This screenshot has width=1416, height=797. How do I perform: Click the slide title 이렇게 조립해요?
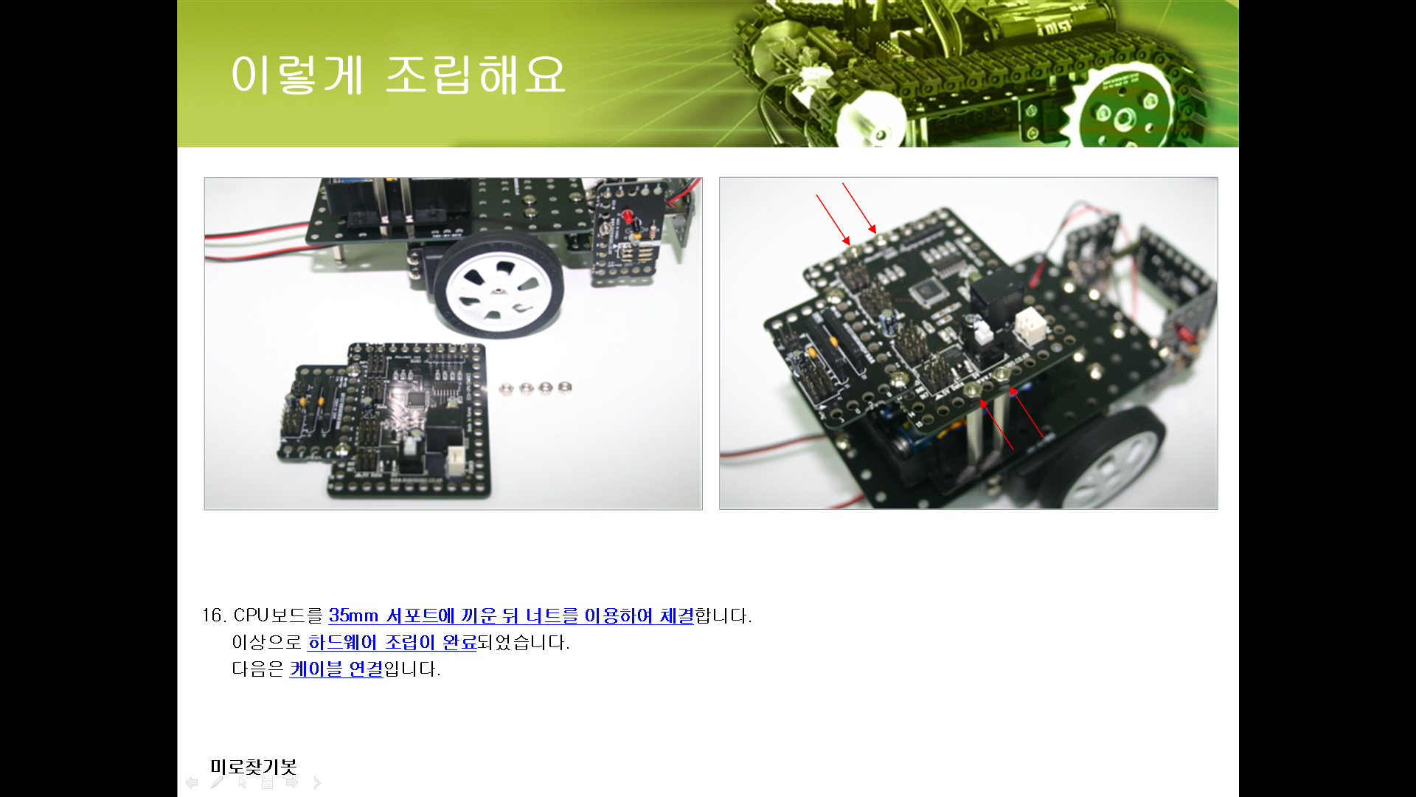[398, 75]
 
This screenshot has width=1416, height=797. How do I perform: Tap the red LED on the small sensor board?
[628, 216]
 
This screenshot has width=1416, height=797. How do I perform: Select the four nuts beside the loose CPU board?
[536, 387]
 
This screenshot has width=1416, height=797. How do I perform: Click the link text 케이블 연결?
[336, 669]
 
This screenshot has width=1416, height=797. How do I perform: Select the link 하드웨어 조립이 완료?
[392, 642]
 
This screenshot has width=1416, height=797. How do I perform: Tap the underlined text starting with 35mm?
[512, 615]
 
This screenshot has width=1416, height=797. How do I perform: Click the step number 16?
[213, 615]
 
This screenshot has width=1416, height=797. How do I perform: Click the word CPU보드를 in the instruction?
[278, 615]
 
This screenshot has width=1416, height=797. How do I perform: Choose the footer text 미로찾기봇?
[254, 767]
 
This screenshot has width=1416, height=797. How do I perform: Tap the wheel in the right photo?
[1099, 458]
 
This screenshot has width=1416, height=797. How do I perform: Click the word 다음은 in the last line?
[258, 669]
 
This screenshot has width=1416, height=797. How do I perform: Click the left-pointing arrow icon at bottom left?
[192, 782]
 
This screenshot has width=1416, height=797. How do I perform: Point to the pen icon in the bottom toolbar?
[217, 782]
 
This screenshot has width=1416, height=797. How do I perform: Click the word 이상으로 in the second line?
[267, 642]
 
